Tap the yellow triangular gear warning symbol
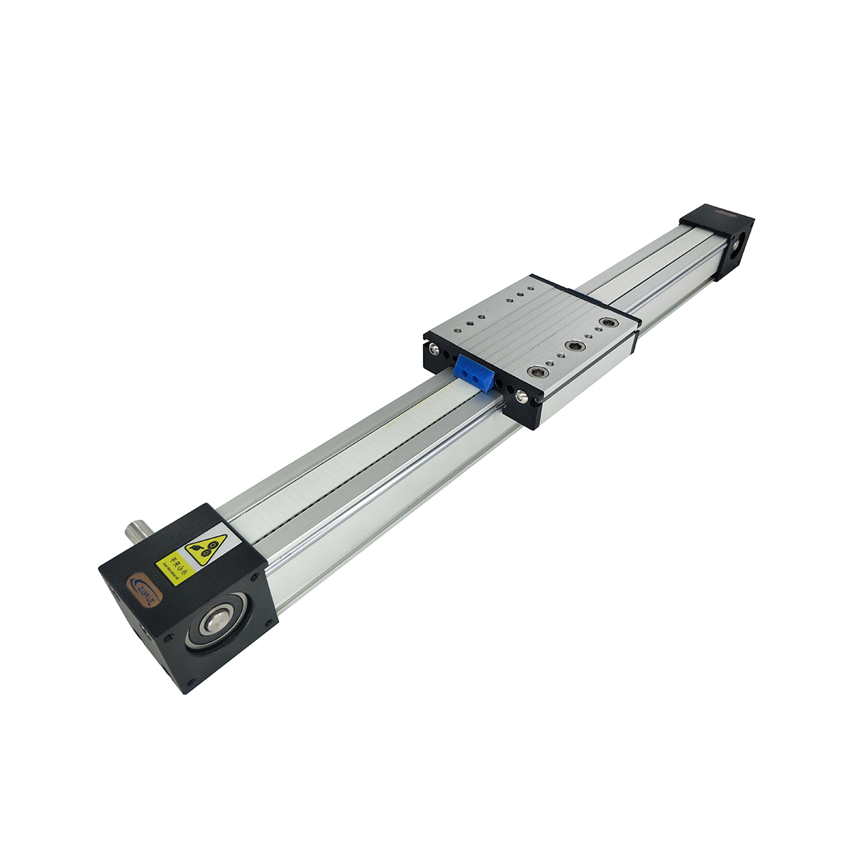coord(207,549)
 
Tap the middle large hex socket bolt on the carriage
coord(574,347)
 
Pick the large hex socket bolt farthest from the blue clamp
coord(609,323)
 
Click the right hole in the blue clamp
coord(478,376)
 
